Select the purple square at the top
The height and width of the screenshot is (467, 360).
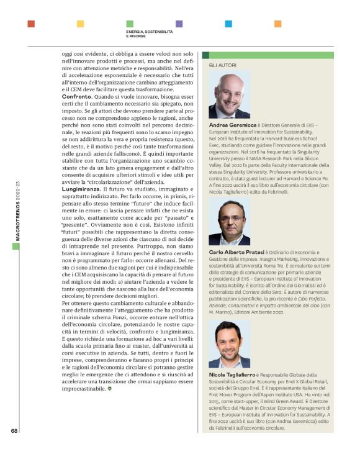[179, 24]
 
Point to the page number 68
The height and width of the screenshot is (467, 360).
[14, 430]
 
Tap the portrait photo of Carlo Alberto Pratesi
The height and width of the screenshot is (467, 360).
[229, 222]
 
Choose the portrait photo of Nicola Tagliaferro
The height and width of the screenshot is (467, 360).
[229, 343]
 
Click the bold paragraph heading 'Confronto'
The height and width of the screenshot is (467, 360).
[78, 97]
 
